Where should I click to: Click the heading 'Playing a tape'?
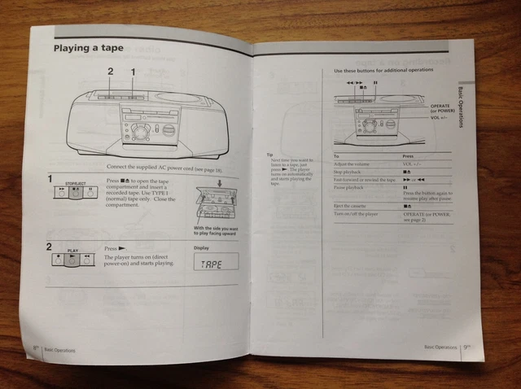coord(89,48)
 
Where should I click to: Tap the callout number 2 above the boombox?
coord(111,72)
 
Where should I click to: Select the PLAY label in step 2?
coord(72,251)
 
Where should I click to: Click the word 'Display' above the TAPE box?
coord(202,248)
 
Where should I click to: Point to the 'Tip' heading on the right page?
coord(269,155)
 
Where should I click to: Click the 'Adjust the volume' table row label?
coord(351,164)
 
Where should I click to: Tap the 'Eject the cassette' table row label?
coord(352,206)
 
